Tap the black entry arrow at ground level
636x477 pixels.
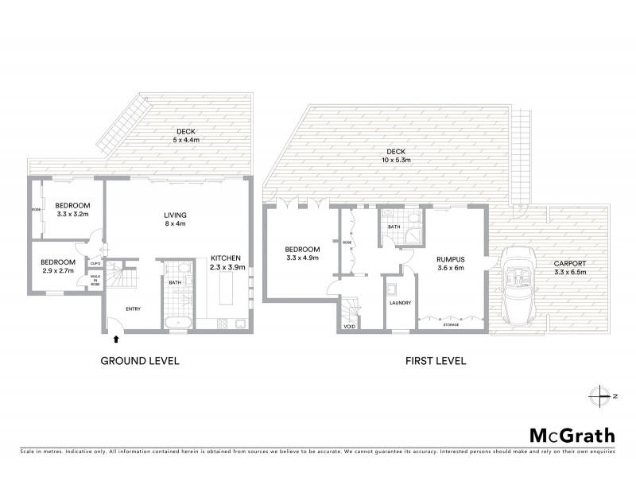tap(118, 338)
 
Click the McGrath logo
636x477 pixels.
tap(572, 435)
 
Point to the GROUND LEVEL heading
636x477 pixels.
tap(139, 360)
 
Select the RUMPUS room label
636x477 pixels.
tap(450, 258)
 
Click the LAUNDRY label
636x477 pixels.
tap(399, 303)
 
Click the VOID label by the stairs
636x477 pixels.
tap(349, 327)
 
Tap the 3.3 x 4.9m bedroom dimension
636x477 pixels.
tap(302, 258)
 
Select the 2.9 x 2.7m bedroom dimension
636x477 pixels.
tap(57, 271)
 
